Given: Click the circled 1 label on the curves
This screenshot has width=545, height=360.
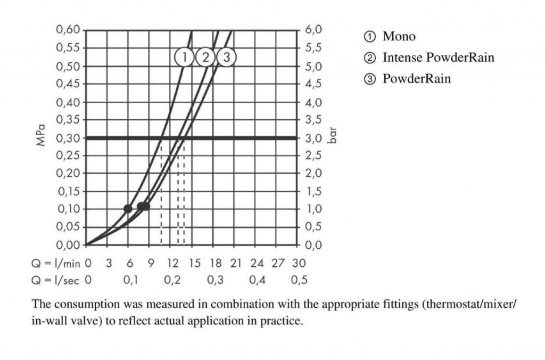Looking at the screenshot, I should (184, 57).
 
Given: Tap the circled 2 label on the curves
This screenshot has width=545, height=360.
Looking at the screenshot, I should (204, 57).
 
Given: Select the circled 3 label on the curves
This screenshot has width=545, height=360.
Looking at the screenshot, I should (226, 57).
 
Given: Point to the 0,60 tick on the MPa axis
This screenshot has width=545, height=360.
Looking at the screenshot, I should (68, 30).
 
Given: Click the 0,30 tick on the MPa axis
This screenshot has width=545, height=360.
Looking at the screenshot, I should (68, 138).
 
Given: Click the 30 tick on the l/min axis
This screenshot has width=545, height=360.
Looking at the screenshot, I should (299, 263).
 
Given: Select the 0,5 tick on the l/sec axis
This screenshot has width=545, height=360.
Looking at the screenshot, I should (299, 280).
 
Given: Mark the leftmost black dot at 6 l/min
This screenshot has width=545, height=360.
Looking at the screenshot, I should (128, 208).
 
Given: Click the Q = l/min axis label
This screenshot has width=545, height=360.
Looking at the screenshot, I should (56, 263).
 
